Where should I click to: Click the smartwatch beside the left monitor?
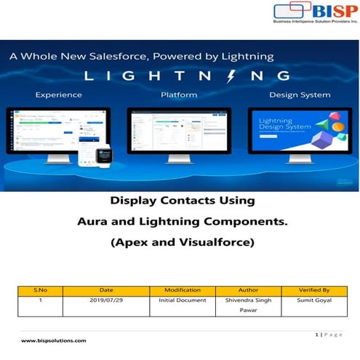(x=104, y=155)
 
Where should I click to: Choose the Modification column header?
(x=183, y=289)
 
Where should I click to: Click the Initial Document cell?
(x=183, y=299)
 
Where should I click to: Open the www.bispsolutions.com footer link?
(x=54, y=340)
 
